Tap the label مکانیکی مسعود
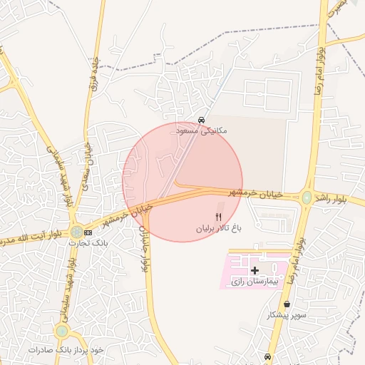202,131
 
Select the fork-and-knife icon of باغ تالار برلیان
219,217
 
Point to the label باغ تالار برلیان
220,229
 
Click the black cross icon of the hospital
255,271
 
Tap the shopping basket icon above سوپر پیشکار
287,304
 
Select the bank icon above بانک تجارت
88,232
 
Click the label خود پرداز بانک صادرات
66,350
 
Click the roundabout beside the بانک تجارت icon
76,231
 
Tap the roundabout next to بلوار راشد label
307,198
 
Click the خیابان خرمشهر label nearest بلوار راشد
255,193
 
